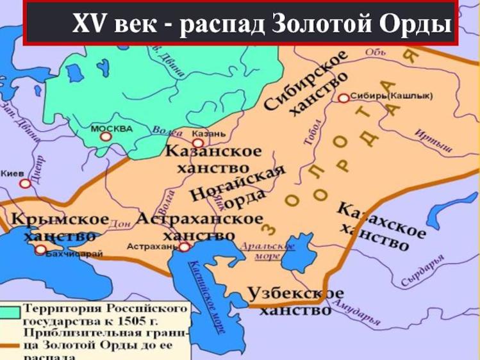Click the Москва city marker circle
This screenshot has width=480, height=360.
[x=105, y=136]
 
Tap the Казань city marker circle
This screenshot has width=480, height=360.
[x=197, y=143]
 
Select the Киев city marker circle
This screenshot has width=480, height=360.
[x=25, y=184]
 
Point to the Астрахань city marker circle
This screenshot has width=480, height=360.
[x=184, y=247]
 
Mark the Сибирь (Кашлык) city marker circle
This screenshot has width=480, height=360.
[x=344, y=98]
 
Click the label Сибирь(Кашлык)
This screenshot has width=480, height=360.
[x=392, y=96]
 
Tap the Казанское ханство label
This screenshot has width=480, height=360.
[x=213, y=160]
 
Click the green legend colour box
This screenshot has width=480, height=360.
[x=10, y=312]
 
